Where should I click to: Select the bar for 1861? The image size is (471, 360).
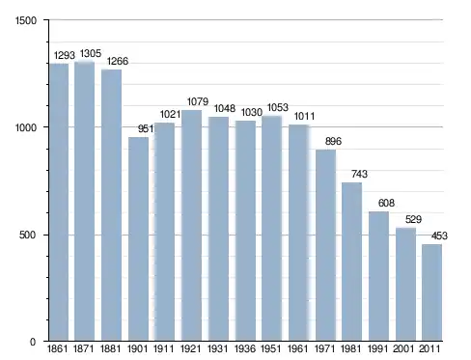(x=59, y=202)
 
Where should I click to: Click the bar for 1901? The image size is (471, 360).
(x=138, y=239)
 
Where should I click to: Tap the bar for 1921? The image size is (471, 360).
(x=192, y=225)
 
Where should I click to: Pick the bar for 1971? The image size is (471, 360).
(x=325, y=245)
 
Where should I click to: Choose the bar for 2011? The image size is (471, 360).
(x=432, y=292)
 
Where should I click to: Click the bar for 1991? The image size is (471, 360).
(x=378, y=276)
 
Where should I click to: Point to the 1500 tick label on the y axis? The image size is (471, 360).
(x=26, y=20)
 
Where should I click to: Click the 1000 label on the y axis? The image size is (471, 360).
(x=26, y=127)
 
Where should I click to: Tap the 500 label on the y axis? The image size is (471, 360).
(x=27, y=235)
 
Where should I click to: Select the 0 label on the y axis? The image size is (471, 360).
(x=33, y=342)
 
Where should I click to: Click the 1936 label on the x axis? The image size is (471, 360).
(x=245, y=348)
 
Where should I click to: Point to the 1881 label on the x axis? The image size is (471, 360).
(x=110, y=348)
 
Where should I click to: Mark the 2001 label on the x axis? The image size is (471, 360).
(x=403, y=348)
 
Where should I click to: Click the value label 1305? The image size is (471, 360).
(x=91, y=53)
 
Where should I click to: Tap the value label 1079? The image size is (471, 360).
(x=198, y=101)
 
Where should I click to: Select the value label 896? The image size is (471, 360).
(x=333, y=141)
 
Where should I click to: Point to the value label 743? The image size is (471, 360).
(x=359, y=174)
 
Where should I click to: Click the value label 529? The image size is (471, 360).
(x=413, y=219)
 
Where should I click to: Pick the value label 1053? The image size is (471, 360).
(x=278, y=107)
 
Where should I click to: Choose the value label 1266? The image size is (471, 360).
(x=118, y=61)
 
